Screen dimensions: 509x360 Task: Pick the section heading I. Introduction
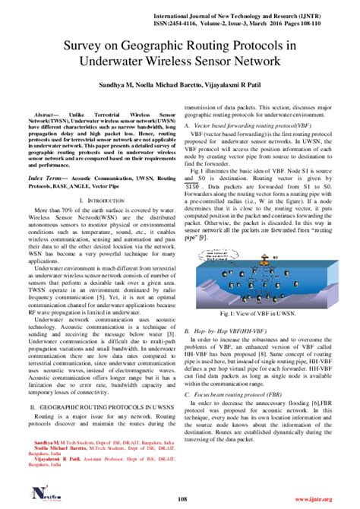tap(90, 201)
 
